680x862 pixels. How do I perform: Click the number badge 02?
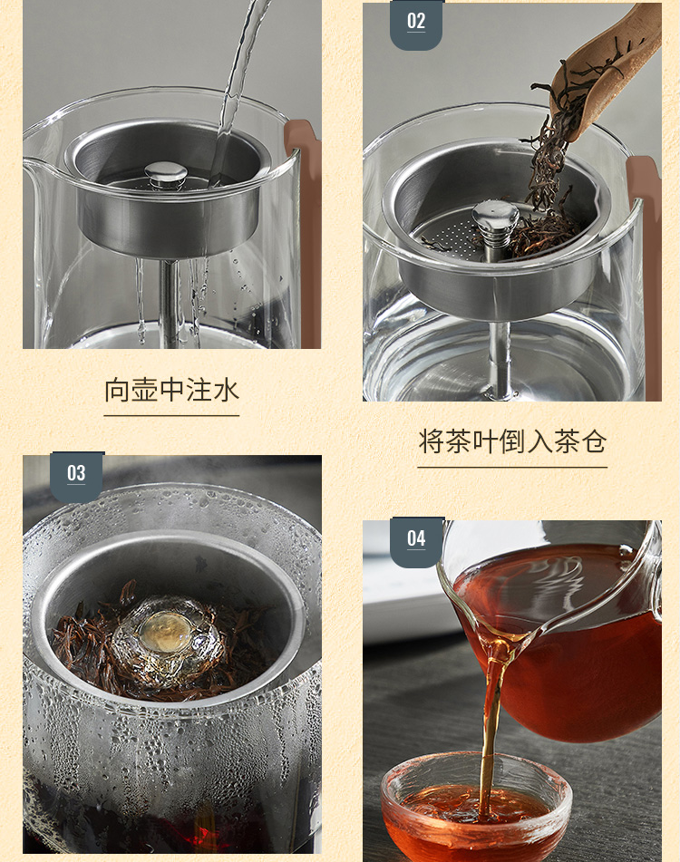pos(416,24)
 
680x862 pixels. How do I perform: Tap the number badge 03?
pos(76,476)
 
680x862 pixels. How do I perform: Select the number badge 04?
pos(416,541)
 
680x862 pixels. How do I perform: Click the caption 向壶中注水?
pos(171,390)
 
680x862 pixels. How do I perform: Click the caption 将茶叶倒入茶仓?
pos(512,441)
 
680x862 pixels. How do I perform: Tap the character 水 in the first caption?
pos(226,390)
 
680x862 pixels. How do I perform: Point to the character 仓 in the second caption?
pos(594,441)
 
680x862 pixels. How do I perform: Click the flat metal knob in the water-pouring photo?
pos(165,173)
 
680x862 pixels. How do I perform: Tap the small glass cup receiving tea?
pos(476,809)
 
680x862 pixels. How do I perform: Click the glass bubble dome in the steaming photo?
pos(168,638)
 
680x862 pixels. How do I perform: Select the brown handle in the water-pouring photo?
pos(304,231)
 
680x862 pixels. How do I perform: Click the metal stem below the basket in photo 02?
pos(500,358)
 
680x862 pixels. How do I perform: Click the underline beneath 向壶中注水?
pos(171,416)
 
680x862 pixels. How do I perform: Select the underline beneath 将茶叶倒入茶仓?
pos(512,468)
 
